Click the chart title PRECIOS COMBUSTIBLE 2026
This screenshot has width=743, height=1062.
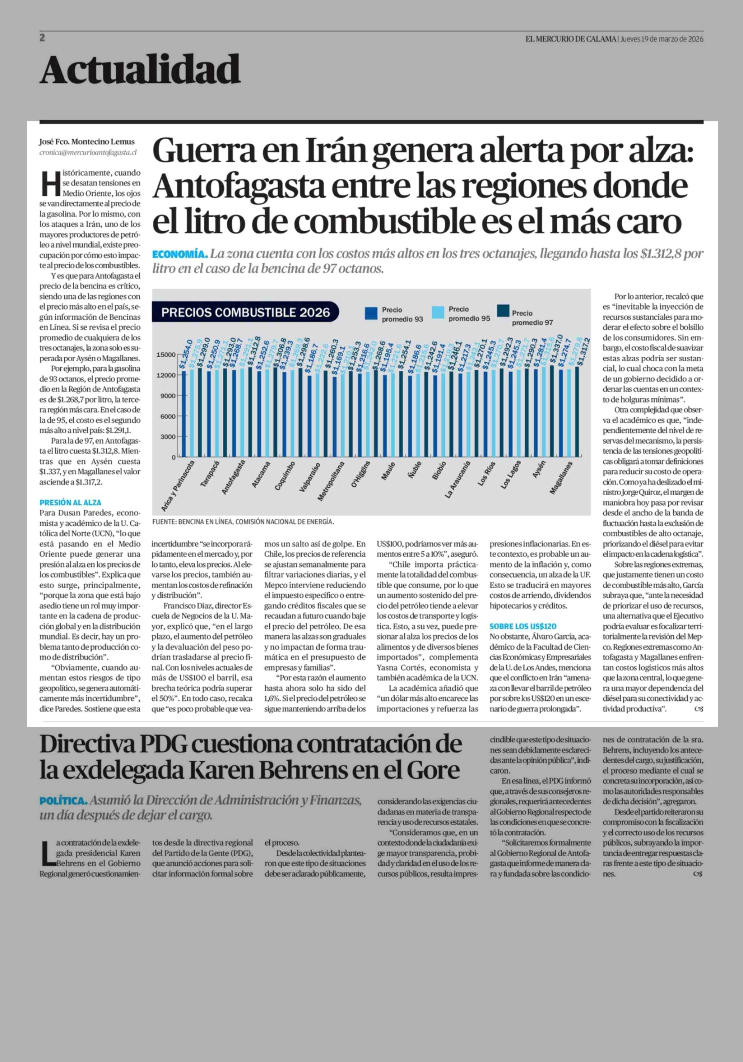[245, 312]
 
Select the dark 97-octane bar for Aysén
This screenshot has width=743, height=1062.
[552, 411]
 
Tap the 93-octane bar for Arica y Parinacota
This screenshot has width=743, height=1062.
[184, 414]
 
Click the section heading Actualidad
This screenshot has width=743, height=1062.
[140, 70]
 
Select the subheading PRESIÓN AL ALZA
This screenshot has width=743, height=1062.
[70, 502]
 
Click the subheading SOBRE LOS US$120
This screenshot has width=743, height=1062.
[523, 626]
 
